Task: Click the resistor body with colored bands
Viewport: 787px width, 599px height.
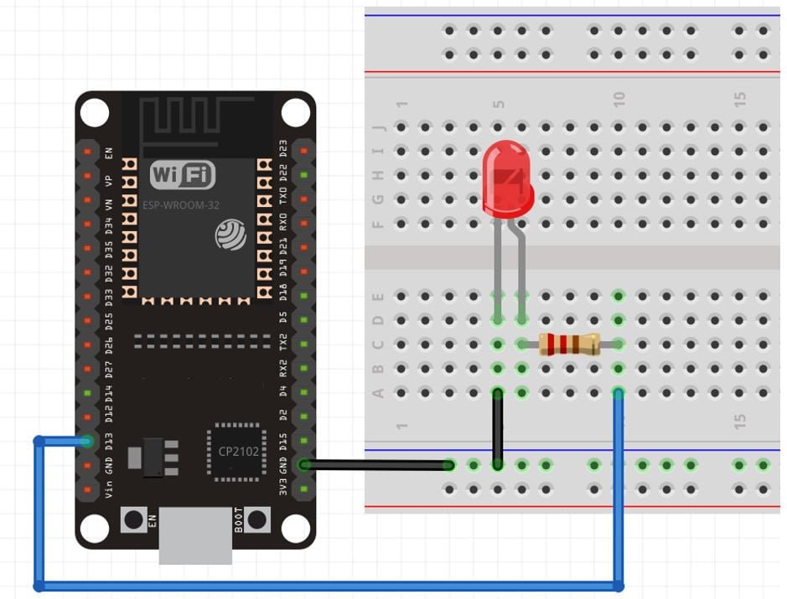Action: [569, 344]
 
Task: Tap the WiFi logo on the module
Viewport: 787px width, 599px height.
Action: [182, 175]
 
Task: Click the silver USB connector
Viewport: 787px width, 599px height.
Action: [195, 537]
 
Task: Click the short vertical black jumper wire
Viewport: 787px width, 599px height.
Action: [498, 427]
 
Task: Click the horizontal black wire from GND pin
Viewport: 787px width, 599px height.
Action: [377, 465]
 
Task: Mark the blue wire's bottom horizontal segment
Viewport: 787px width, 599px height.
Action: [327, 586]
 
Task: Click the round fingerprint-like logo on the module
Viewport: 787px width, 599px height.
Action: [231, 234]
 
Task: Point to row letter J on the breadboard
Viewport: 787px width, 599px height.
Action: [378, 128]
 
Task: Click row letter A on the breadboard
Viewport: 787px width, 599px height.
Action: [378, 392]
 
